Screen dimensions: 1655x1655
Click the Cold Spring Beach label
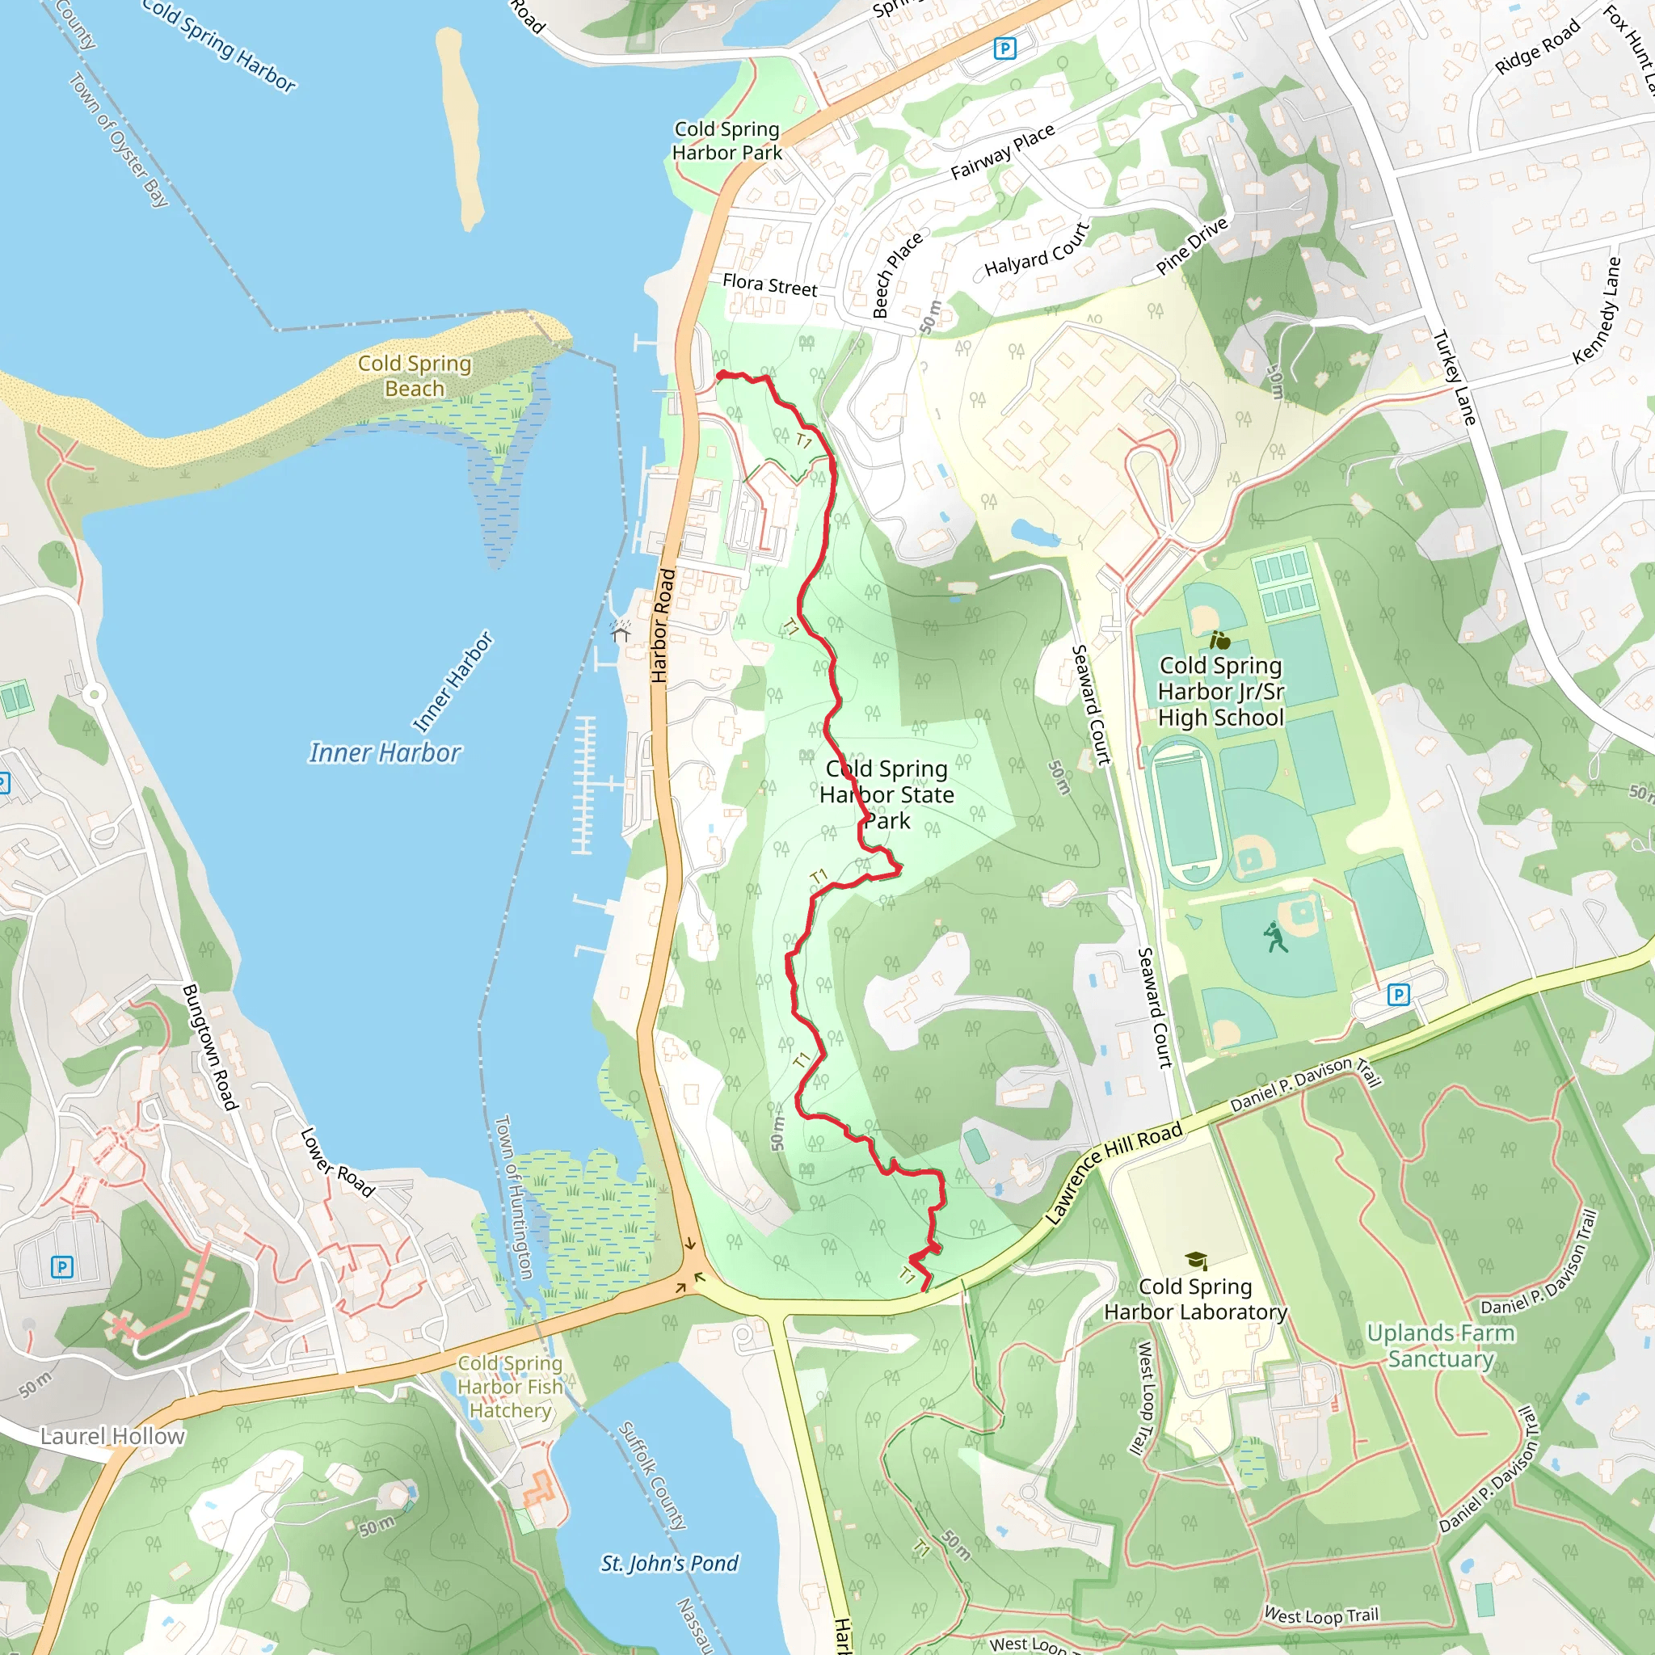[x=415, y=376]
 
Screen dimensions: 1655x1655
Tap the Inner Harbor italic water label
[x=385, y=753]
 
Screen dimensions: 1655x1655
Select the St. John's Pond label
[x=669, y=1564]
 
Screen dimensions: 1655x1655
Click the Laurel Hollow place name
[x=112, y=1437]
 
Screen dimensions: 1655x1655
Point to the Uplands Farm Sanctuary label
[x=1440, y=1345]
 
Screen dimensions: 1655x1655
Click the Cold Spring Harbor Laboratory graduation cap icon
[x=1196, y=1260]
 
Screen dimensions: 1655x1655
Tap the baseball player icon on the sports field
[x=1275, y=937]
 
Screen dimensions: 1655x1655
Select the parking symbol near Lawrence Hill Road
[x=1398, y=995]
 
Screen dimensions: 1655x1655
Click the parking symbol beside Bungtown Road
[x=61, y=1266]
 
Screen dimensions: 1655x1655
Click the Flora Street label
[x=769, y=285]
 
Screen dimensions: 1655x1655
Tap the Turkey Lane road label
[x=1455, y=377]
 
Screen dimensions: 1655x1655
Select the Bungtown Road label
[x=208, y=1046]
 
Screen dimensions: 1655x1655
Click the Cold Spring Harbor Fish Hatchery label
[x=511, y=1386]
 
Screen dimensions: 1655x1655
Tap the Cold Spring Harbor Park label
[x=726, y=141]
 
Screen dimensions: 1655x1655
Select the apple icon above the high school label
[x=1219, y=640]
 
